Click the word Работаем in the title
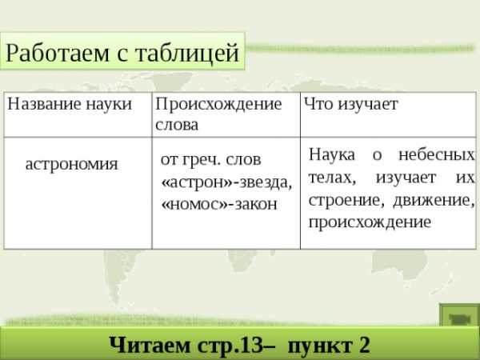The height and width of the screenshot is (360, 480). [58, 54]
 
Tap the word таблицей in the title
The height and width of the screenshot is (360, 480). [186, 54]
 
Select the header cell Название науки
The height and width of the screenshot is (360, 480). [78, 114]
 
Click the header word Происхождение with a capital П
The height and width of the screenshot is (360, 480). [218, 104]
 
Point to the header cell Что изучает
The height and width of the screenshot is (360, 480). [388, 114]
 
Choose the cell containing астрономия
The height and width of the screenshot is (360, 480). [78, 193]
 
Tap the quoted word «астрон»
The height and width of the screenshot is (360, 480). [197, 182]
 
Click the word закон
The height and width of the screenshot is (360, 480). [256, 205]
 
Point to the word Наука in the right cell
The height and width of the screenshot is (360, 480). [332, 154]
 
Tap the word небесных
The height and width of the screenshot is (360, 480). [436, 154]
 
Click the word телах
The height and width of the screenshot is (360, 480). [332, 178]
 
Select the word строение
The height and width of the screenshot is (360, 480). [344, 201]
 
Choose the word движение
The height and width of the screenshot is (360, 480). [434, 201]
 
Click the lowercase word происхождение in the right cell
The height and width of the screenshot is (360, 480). [370, 222]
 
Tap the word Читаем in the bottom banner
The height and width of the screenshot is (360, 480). [150, 345]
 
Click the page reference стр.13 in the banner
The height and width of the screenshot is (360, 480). [230, 346]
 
